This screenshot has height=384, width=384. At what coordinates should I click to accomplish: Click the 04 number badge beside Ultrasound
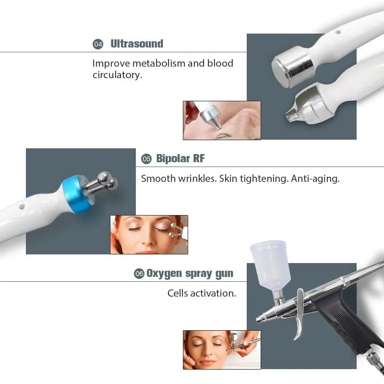click(x=98, y=44)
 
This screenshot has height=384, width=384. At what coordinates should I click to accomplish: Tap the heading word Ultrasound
click(x=137, y=44)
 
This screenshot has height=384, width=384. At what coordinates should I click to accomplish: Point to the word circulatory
click(x=117, y=75)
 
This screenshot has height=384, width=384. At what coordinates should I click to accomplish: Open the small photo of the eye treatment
click(x=221, y=120)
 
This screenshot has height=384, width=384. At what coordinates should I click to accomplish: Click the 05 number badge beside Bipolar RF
click(x=146, y=159)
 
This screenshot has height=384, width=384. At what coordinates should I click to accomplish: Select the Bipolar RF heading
click(x=180, y=158)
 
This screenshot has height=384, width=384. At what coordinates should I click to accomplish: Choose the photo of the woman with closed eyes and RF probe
click(x=149, y=234)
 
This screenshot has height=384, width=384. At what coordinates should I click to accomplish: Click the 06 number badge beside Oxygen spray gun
click(x=139, y=274)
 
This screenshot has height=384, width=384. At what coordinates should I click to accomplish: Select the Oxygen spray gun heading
click(x=190, y=274)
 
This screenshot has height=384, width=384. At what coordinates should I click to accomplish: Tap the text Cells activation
click(x=202, y=293)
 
